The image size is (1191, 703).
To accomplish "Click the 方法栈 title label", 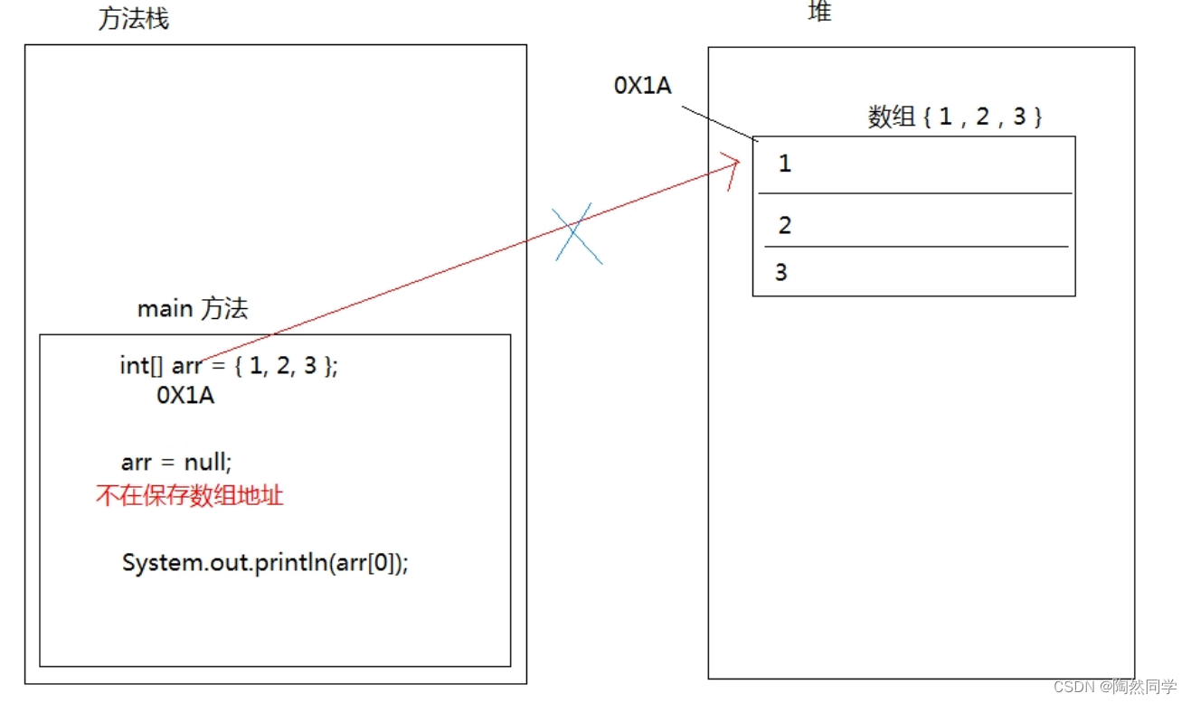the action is (x=133, y=19).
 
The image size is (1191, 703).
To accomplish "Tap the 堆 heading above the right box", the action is (x=819, y=12).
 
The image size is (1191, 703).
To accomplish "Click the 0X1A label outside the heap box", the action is (x=642, y=85).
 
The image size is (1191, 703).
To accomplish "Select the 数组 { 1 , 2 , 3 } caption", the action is (x=955, y=117).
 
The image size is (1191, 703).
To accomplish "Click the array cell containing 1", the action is (x=913, y=164).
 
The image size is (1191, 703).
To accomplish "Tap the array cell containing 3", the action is (x=913, y=271).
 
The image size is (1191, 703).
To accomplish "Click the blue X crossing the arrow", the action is (x=578, y=232).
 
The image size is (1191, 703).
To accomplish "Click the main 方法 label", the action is (x=192, y=309).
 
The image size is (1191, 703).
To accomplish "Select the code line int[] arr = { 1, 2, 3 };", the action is (x=228, y=366).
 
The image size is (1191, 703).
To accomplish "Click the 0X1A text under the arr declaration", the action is (x=185, y=396).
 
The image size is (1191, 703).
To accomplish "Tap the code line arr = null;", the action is (x=176, y=463).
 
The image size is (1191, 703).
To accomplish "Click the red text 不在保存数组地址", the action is (x=189, y=495).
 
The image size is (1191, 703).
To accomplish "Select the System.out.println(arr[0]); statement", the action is (x=265, y=563).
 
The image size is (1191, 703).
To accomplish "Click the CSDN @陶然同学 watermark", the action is (x=1115, y=687).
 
